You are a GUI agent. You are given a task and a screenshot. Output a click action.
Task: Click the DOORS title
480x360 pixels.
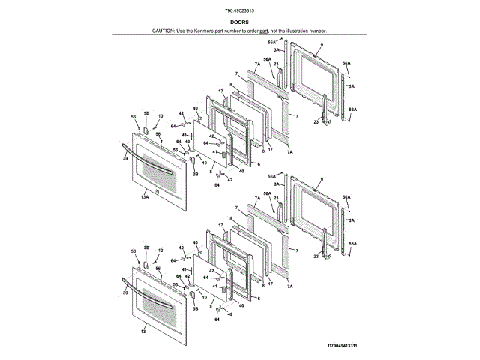point(239,22)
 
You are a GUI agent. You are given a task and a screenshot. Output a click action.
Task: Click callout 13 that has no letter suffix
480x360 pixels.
point(142,331)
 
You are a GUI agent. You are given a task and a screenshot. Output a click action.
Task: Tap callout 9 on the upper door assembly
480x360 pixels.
point(320,46)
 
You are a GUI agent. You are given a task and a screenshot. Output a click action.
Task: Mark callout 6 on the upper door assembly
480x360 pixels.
point(259,163)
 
